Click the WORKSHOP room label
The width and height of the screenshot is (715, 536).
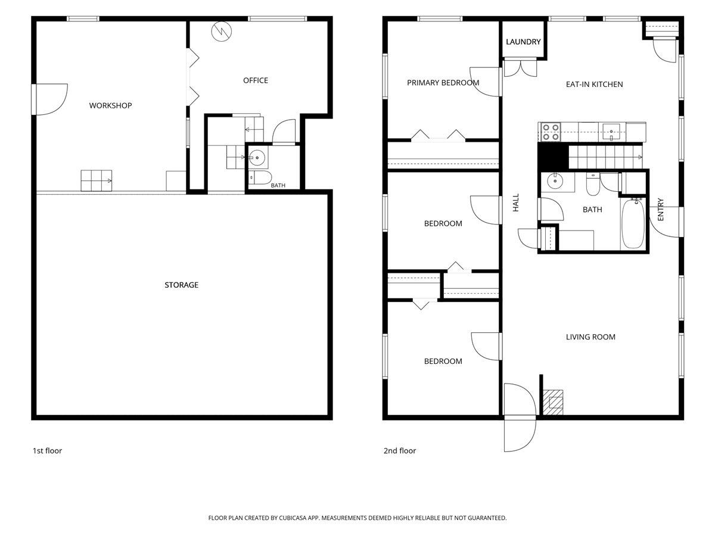click(110, 105)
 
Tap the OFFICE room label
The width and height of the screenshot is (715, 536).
click(256, 80)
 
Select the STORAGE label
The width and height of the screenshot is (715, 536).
click(182, 285)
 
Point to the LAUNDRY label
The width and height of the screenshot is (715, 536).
click(523, 42)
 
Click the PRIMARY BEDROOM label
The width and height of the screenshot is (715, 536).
click(443, 83)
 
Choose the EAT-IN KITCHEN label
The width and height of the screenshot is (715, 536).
click(595, 85)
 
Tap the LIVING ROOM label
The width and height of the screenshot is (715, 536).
click(590, 337)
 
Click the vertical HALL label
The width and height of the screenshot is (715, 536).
click(515, 202)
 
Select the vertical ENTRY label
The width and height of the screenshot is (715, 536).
click(661, 209)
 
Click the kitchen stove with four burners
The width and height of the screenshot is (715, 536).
click(551, 132)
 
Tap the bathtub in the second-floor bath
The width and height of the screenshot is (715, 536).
click(633, 224)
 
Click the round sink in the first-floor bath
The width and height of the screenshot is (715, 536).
click(257, 157)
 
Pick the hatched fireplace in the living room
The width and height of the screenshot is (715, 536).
click(553, 403)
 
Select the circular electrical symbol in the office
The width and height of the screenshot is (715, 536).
click(222, 32)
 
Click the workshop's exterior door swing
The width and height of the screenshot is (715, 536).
click(51, 99)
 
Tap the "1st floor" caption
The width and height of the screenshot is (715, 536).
click(47, 451)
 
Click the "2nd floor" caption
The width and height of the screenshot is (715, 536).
click(400, 451)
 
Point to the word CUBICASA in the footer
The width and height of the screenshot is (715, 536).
click(292, 518)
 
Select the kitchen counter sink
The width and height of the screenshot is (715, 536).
click(611, 132)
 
